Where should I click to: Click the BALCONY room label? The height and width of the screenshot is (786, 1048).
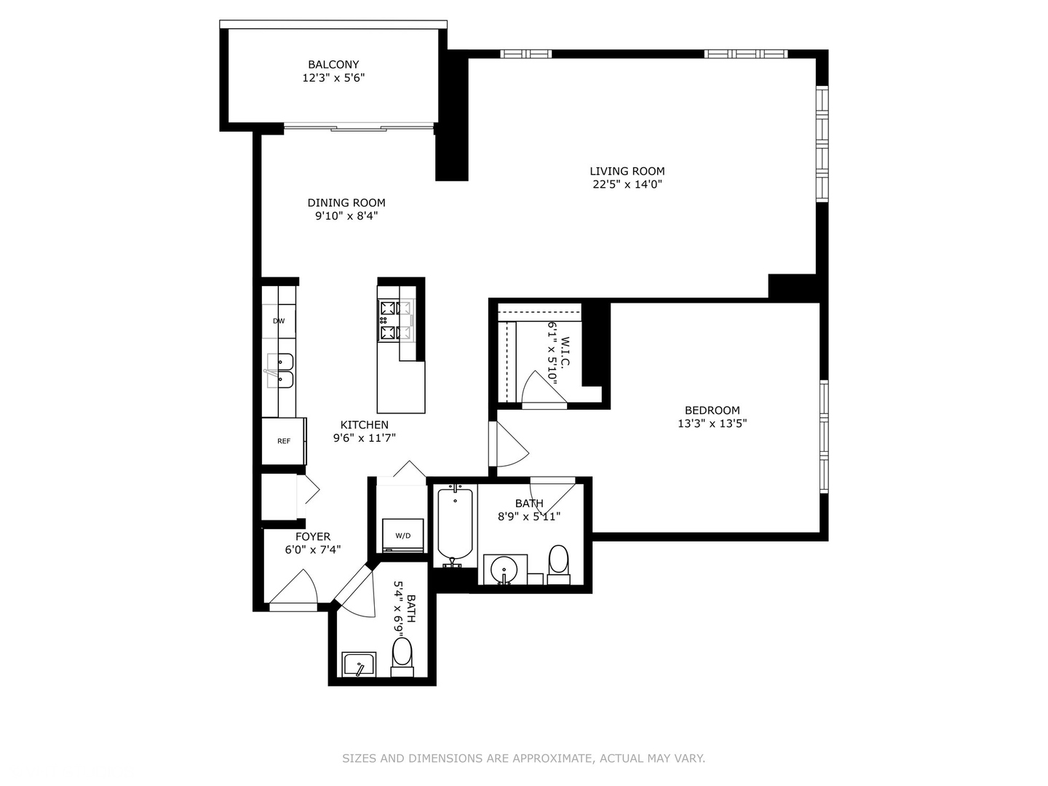point(333,65)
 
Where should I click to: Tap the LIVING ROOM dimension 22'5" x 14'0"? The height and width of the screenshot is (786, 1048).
point(627,185)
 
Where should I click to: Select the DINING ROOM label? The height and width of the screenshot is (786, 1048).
point(346,203)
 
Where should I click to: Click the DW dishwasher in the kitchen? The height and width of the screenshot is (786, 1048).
point(279,321)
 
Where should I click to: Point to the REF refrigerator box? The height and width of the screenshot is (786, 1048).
point(284,441)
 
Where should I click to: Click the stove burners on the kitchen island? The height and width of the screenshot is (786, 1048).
point(396,320)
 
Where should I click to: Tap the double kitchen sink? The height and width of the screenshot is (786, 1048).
point(279,370)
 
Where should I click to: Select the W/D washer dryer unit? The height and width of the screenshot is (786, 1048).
point(402,536)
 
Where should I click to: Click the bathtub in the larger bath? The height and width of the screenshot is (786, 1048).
point(455,524)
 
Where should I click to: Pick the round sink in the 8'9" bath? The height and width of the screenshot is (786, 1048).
point(504,568)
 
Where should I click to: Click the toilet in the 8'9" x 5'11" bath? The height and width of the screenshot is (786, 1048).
point(558,563)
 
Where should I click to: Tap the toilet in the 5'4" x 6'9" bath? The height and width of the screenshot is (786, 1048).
point(402,654)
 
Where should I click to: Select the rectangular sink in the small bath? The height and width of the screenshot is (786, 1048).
point(359,664)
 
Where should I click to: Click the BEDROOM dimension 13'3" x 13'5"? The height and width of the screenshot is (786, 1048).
point(712,424)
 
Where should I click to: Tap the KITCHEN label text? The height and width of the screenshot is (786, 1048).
point(365,425)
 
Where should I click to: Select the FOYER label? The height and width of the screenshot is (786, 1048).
point(313,537)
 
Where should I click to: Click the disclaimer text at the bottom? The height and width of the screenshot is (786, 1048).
point(523,758)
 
